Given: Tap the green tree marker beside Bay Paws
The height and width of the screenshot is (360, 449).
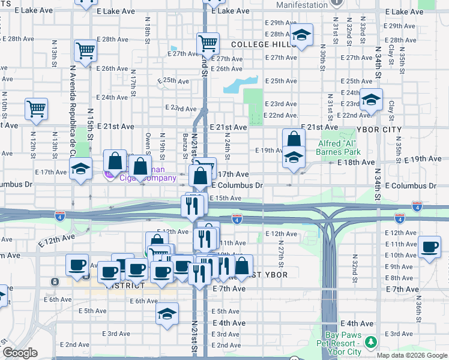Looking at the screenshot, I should [372, 342].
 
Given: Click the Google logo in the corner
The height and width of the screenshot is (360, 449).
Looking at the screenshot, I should [20, 353].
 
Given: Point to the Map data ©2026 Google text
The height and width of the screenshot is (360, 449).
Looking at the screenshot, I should [412, 355].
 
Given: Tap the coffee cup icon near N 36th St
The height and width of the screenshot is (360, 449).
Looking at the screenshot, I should [429, 247].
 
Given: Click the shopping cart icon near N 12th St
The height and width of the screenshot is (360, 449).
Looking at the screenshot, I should [36, 109].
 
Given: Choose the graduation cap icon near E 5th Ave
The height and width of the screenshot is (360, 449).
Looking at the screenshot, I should [167, 313].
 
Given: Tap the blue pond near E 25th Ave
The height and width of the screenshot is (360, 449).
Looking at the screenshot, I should [241, 85].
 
